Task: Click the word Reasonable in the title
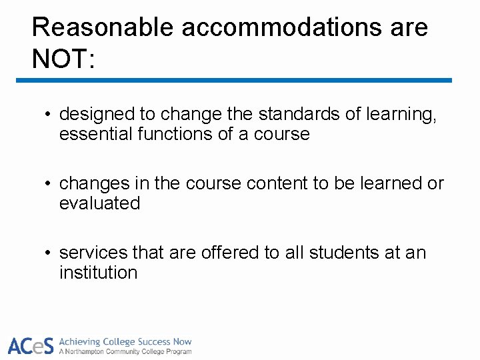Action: [x=102, y=28]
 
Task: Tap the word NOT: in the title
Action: [x=64, y=59]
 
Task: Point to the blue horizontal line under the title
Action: [x=233, y=81]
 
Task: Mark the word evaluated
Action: [x=100, y=203]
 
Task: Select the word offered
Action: [x=218, y=253]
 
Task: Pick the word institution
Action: [x=98, y=273]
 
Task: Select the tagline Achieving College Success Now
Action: [x=125, y=341]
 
